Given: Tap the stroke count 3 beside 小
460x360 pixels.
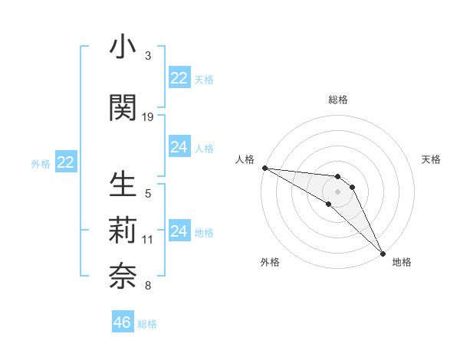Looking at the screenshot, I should [148, 56].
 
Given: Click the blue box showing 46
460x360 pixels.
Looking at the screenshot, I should [123, 322].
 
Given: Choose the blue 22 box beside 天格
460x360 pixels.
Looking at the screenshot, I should [179, 78].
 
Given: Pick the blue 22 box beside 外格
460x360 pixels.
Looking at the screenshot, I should [66, 162].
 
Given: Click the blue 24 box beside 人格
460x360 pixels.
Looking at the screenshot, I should [179, 147].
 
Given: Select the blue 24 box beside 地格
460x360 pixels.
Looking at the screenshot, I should [179, 231].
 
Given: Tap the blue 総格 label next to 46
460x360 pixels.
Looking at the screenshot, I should [147, 324].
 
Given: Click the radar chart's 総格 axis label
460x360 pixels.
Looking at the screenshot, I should [337, 100].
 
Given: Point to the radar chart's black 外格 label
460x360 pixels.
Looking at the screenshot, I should [270, 262].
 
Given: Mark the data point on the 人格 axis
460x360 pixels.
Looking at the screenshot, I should [264, 168].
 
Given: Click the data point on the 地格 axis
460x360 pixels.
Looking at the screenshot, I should [382, 254].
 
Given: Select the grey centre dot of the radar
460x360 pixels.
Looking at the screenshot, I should [337, 191].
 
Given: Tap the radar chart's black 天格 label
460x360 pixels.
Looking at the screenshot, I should [431, 159].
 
